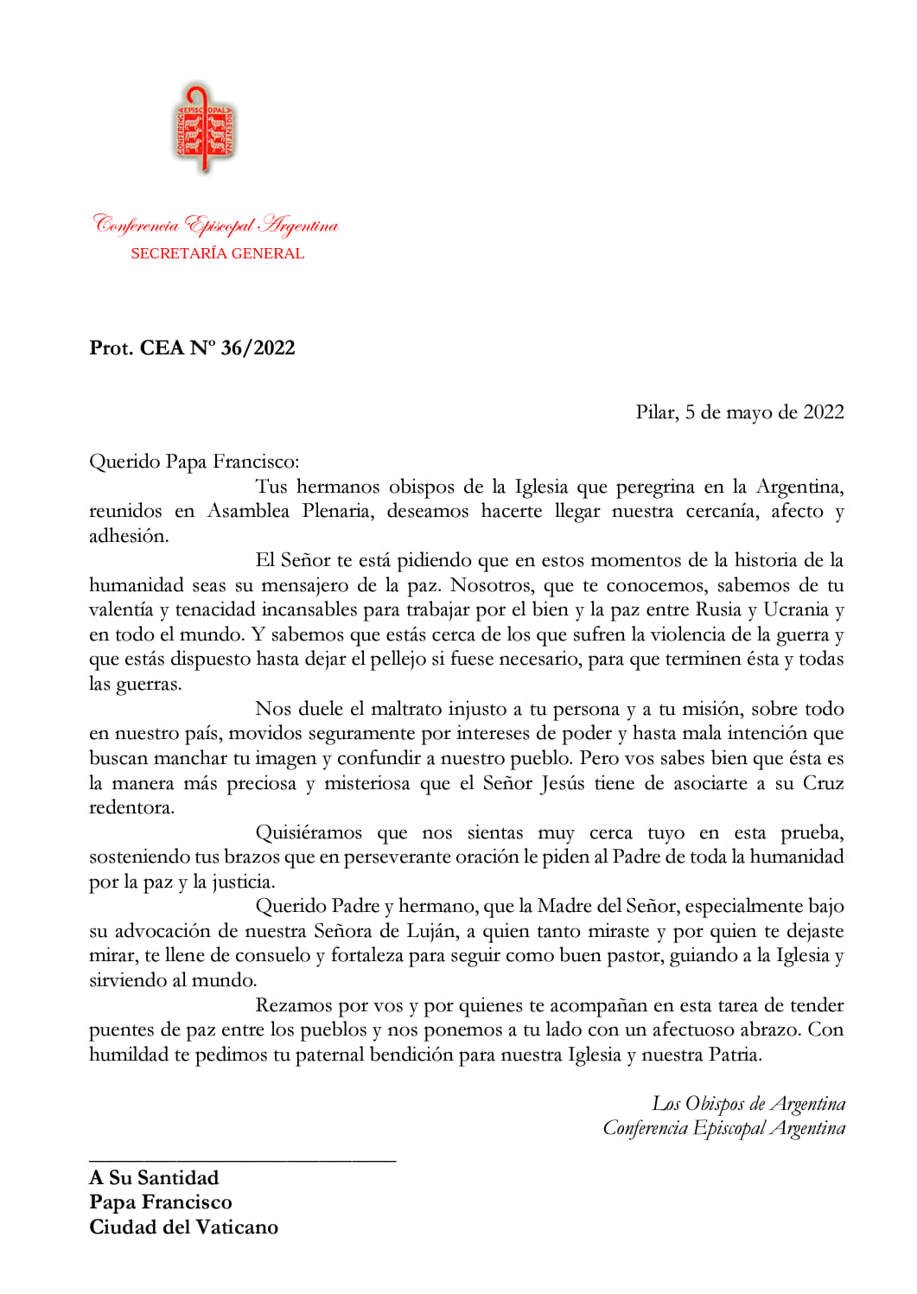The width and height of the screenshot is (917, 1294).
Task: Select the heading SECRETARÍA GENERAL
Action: tap(217, 253)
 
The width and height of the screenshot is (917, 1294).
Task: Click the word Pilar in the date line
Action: tap(656, 412)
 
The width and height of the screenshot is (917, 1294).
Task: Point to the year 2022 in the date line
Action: tap(823, 412)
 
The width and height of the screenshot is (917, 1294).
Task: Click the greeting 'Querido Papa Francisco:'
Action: tap(194, 462)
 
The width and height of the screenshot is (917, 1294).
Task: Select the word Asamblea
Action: tap(248, 511)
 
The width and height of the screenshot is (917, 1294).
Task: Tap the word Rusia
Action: tap(718, 609)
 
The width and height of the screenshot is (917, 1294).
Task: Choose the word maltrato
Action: tap(405, 709)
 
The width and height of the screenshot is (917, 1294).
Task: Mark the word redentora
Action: tap(131, 807)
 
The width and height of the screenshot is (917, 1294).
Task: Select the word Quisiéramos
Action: tap(309, 832)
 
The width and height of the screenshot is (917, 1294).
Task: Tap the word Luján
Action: tap(430, 931)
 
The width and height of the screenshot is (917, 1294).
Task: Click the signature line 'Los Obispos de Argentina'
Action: tap(748, 1104)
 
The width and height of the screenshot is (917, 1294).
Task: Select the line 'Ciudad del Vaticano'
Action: tap(183, 1227)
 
